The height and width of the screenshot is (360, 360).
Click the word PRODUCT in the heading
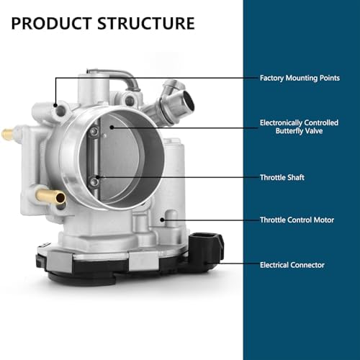point(52,23)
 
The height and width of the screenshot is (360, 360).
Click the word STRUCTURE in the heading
point(146,23)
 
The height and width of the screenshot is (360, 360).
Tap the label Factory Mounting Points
point(300,78)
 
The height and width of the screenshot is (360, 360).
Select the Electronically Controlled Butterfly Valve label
point(299,127)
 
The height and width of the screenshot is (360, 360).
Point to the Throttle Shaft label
point(282,177)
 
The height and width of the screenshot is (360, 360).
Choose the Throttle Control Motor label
point(297,220)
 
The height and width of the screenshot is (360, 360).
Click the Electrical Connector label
point(292,265)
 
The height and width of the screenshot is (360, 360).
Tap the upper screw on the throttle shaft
point(94,132)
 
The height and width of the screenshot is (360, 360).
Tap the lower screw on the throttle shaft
point(95,181)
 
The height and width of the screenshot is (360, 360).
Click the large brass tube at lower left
point(51,197)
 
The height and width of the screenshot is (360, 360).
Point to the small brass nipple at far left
point(8,134)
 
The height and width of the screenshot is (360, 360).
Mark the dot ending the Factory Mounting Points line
point(55,105)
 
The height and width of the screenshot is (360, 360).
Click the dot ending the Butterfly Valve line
point(112,127)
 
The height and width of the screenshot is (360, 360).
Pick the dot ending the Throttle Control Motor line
point(162,220)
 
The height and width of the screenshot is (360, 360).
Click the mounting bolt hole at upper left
point(60,111)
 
